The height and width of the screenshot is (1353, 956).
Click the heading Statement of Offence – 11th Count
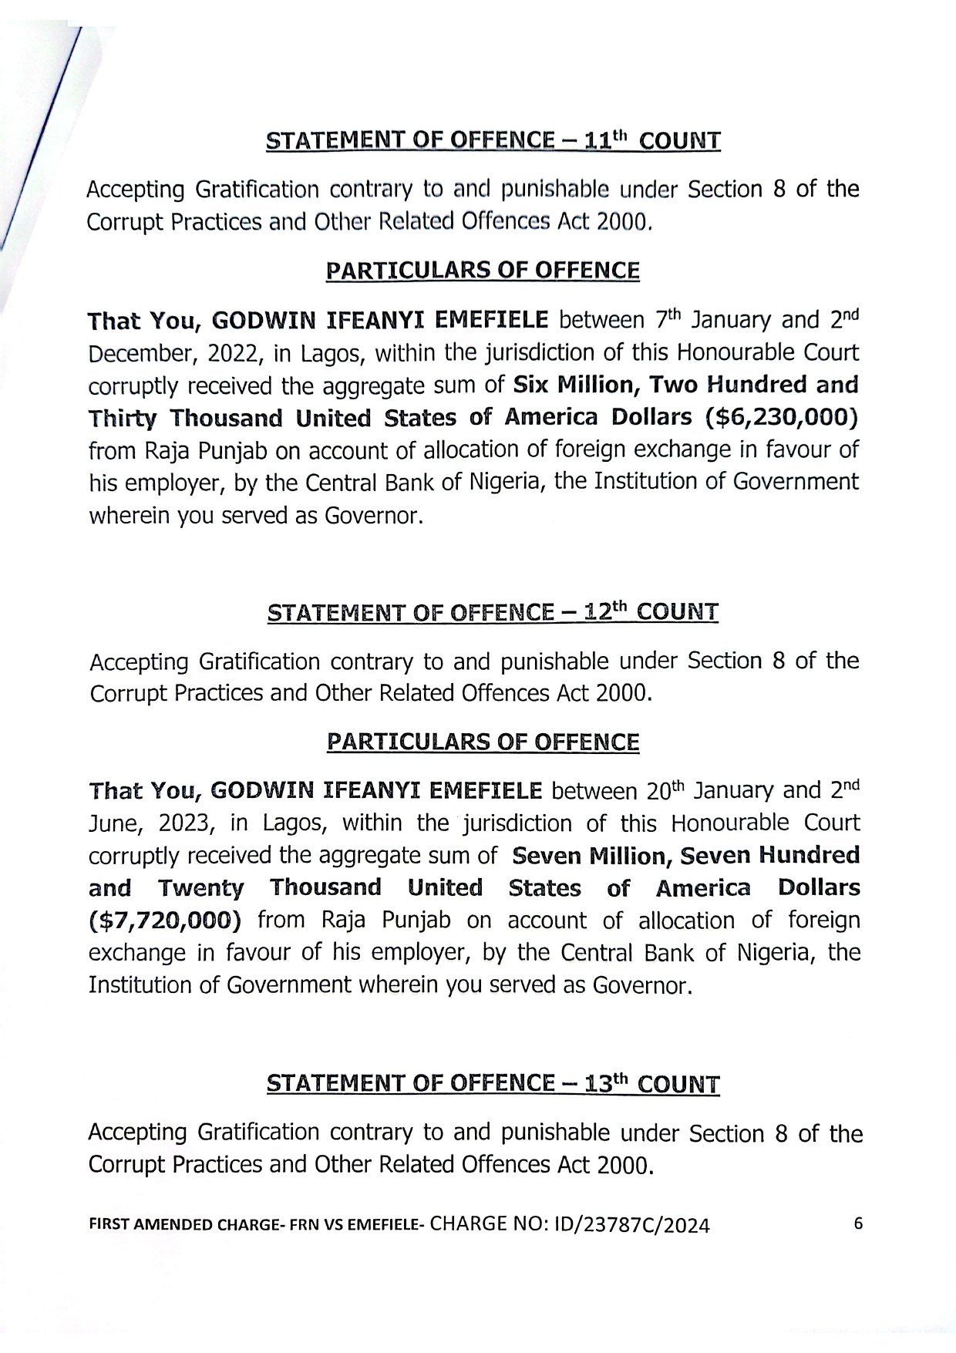click(493, 141)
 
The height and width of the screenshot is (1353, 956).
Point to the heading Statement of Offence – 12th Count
click(493, 613)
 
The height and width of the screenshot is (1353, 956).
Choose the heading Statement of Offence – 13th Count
click(493, 1084)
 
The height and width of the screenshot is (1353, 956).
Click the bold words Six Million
click(574, 385)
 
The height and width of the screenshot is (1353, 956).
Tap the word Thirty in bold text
click(123, 419)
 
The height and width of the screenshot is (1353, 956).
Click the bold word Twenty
click(200, 889)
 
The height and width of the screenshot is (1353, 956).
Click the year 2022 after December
click(234, 354)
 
